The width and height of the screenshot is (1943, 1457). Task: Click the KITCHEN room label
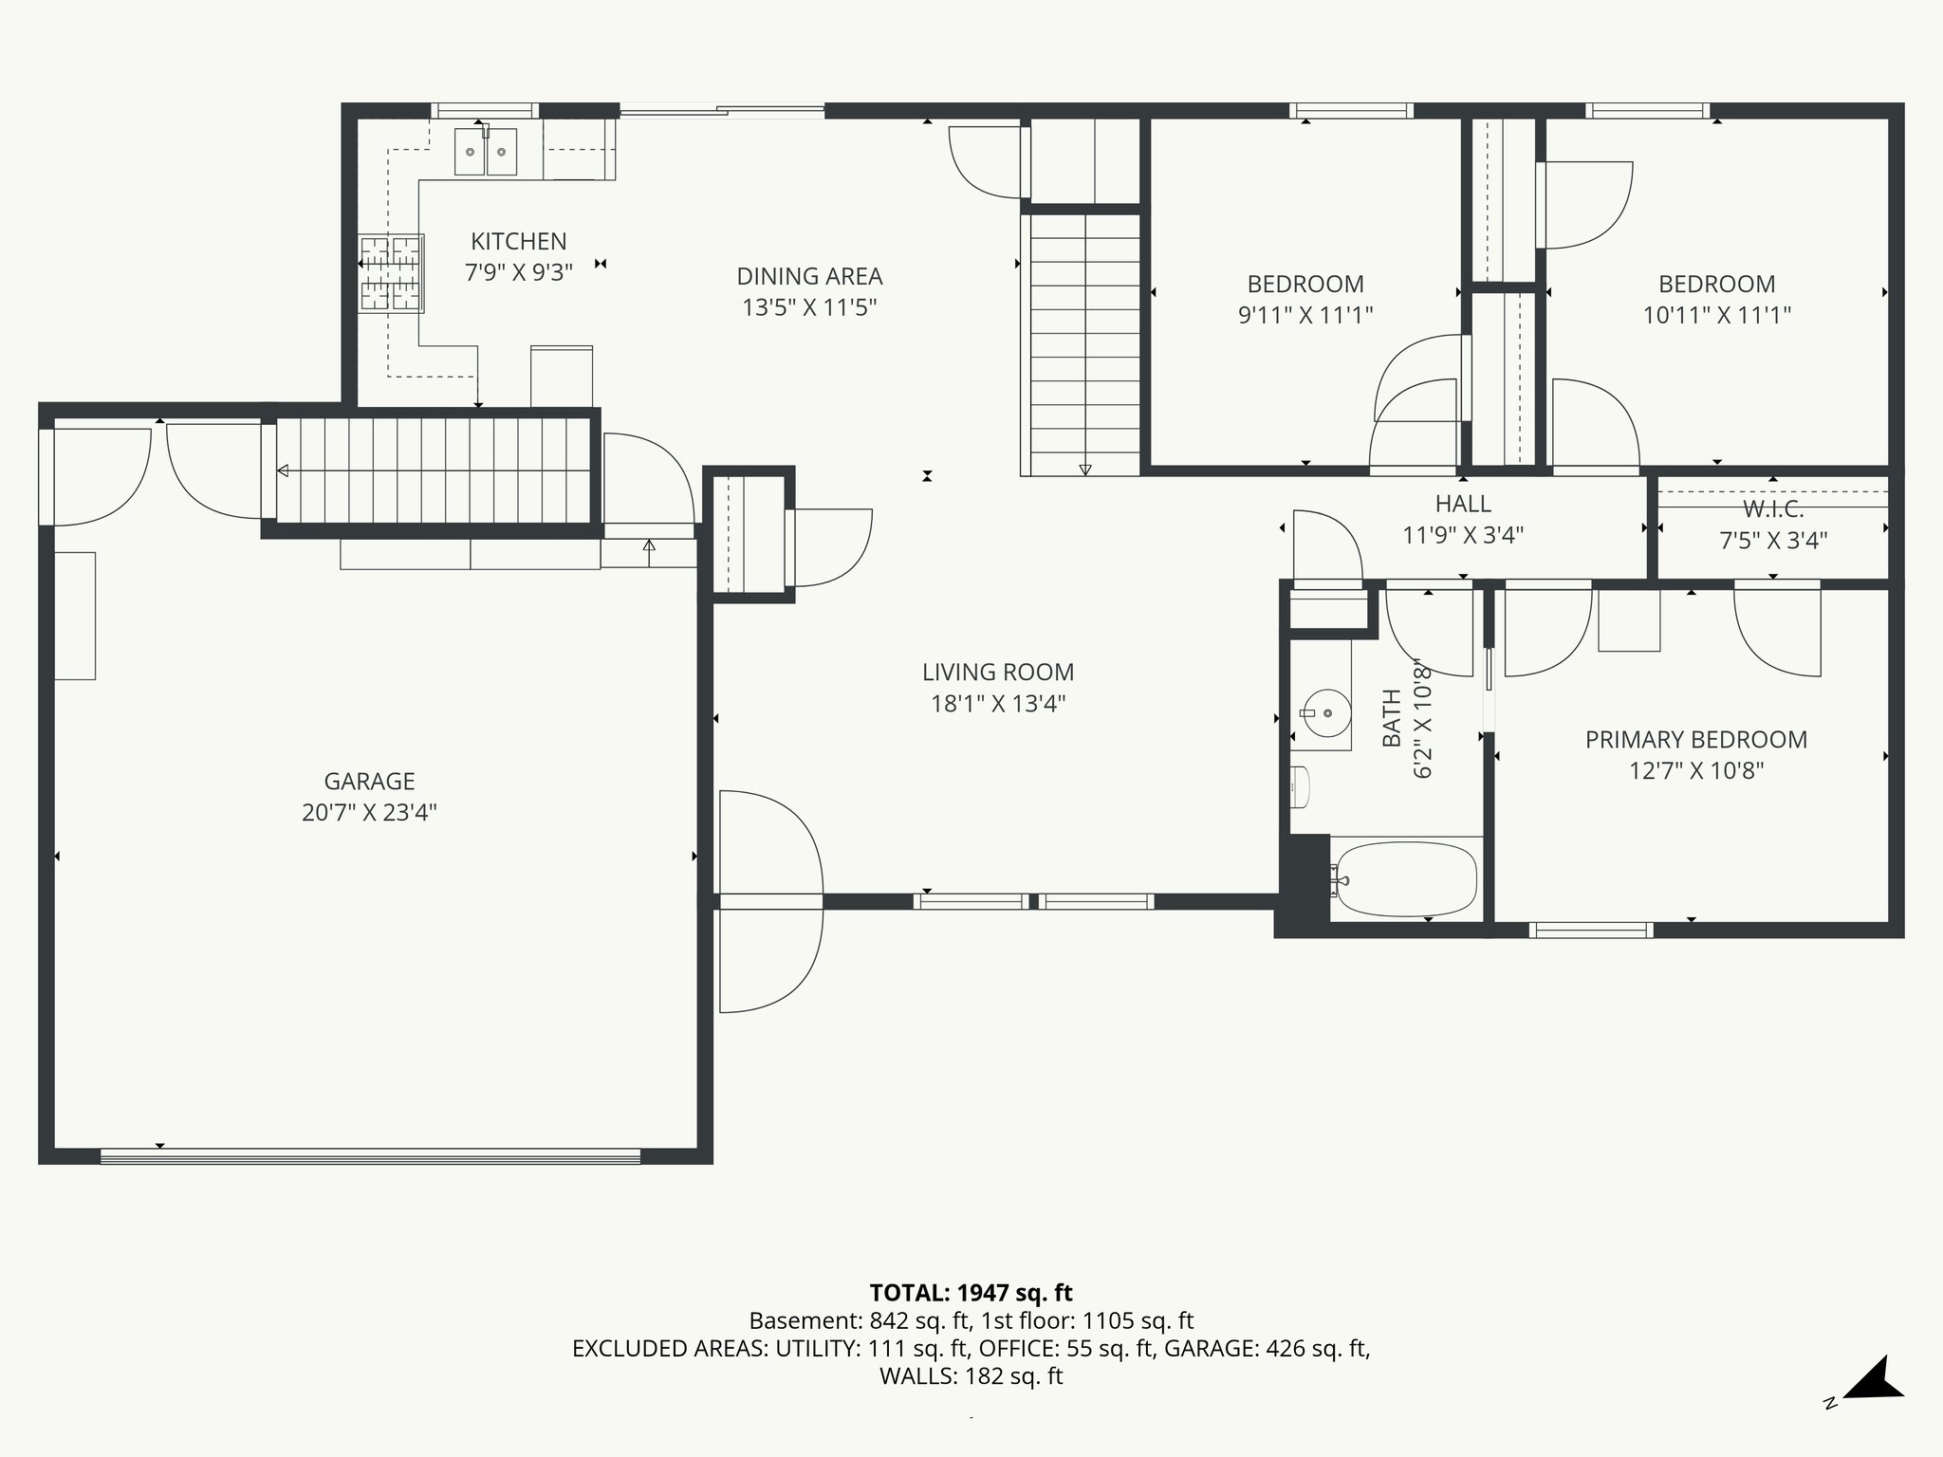click(519, 242)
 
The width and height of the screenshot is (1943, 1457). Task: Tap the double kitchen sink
click(486, 152)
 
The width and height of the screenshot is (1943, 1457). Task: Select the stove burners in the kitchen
click(390, 274)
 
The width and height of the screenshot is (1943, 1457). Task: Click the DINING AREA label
click(809, 277)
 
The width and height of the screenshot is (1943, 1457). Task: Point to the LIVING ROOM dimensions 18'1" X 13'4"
click(998, 704)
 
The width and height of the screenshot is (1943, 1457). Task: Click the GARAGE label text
click(369, 782)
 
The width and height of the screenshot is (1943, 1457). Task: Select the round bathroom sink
click(1325, 713)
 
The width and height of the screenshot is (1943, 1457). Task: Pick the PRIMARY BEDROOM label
click(1695, 740)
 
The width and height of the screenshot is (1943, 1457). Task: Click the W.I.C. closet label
click(1773, 509)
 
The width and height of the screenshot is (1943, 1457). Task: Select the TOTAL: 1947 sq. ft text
click(971, 1293)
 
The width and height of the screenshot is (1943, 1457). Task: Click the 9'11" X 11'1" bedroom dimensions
click(1305, 315)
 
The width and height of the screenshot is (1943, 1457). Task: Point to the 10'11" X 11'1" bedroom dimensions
click(1716, 315)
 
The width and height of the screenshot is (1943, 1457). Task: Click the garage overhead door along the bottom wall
click(370, 1155)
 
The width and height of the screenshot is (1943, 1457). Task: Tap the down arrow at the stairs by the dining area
click(1085, 470)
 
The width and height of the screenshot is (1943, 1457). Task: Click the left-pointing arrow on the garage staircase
click(284, 470)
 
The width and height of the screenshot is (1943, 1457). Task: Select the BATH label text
click(1392, 718)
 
